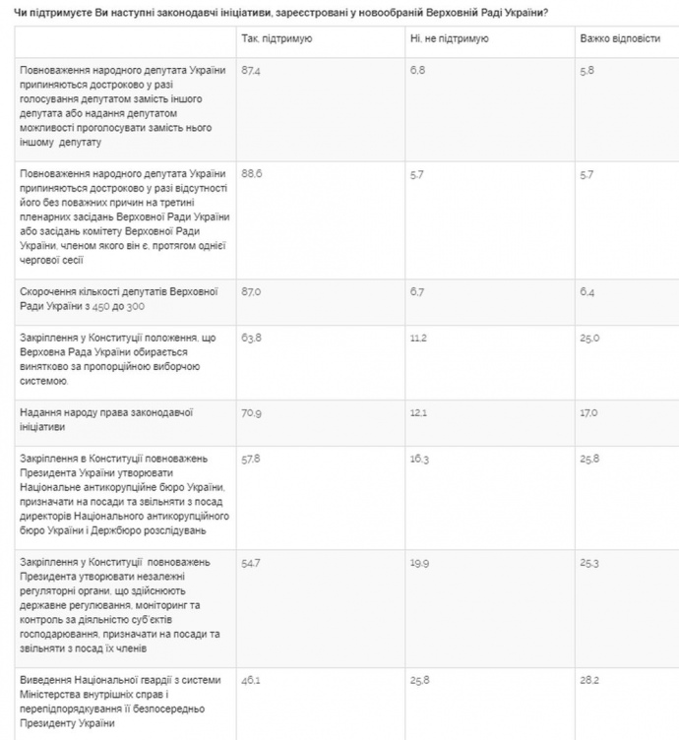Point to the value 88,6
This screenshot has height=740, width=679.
(x=252, y=173)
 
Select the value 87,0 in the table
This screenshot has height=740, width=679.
(x=252, y=292)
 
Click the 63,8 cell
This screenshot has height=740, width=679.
(x=252, y=338)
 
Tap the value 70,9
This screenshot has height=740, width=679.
(x=252, y=412)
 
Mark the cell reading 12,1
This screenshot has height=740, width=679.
(x=420, y=412)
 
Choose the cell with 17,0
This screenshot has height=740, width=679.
(x=588, y=412)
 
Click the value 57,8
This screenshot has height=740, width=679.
(x=252, y=459)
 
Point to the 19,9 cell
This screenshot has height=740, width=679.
(x=420, y=561)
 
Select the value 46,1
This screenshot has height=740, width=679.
(x=252, y=679)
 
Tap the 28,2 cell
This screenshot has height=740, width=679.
(x=589, y=679)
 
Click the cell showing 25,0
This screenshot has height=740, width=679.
(x=589, y=338)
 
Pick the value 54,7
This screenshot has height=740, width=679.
(x=252, y=561)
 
